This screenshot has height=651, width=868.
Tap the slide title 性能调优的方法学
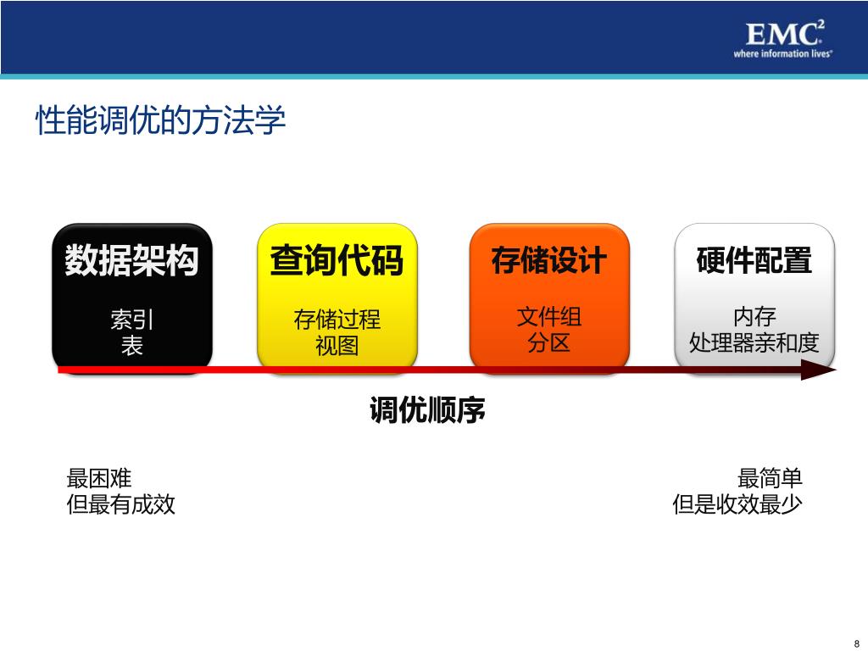click(160, 120)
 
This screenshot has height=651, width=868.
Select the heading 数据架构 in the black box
click(131, 260)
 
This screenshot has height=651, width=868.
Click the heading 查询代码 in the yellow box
click(337, 260)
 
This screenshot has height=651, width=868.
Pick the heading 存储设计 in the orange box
click(549, 260)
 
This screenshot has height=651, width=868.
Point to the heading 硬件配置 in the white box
click(754, 260)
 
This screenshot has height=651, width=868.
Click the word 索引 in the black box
click(131, 320)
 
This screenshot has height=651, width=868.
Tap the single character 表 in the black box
click(131, 345)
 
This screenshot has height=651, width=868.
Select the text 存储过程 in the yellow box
click(337, 320)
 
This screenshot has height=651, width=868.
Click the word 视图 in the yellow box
click(337, 346)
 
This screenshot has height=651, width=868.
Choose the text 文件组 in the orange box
click(549, 317)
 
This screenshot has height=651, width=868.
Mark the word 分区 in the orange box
click(549, 342)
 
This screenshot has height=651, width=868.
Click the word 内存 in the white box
click(754, 317)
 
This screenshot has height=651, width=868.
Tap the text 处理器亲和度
click(754, 343)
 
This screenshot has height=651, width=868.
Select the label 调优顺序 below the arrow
click(427, 412)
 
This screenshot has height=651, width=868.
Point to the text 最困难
click(99, 478)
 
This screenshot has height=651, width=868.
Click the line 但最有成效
click(121, 505)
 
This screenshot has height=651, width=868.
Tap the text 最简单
click(770, 478)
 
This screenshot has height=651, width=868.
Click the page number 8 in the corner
click(856, 642)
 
